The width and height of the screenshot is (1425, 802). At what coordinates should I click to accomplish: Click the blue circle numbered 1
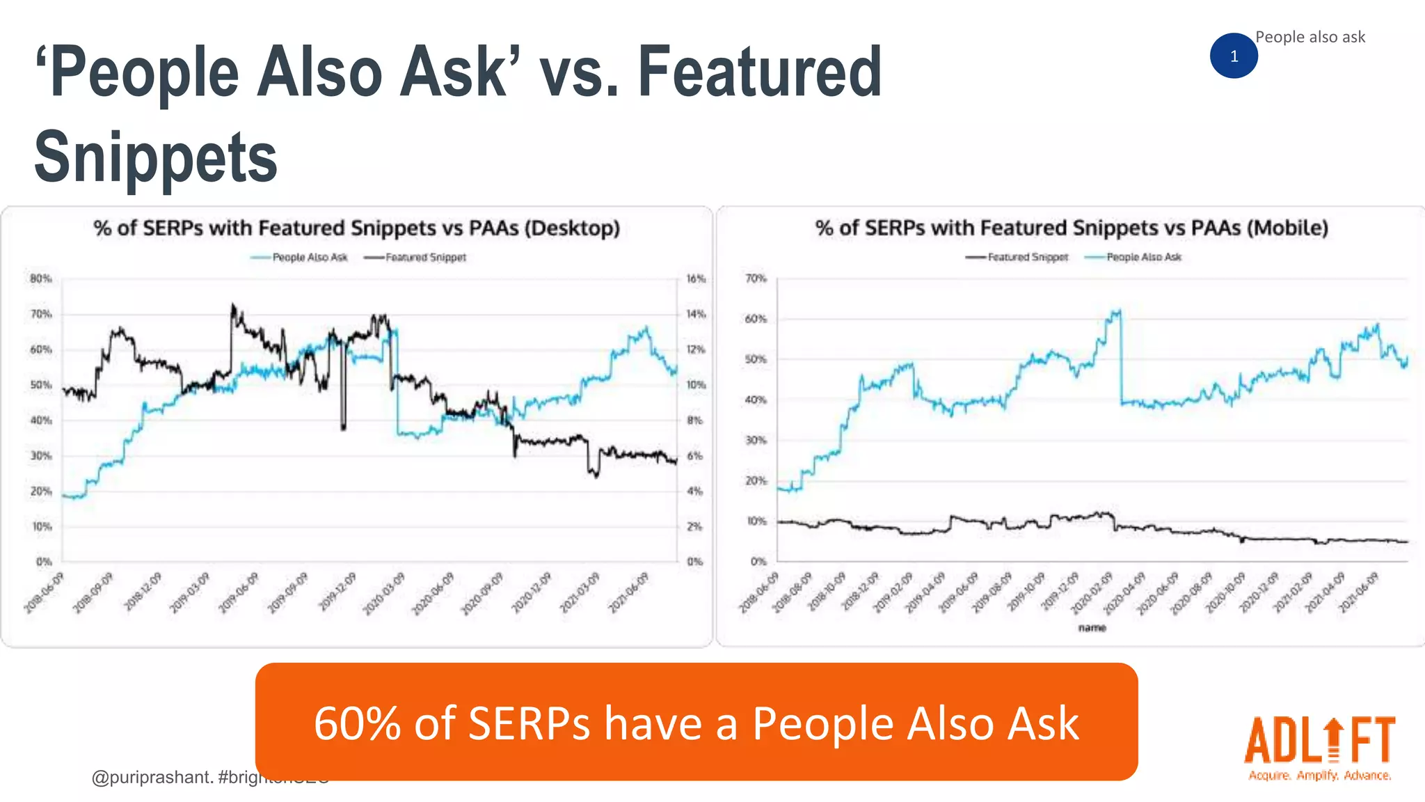1234,56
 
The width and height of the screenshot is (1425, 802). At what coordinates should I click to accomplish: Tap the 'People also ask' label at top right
1309,37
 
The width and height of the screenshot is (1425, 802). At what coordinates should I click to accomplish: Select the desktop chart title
356,228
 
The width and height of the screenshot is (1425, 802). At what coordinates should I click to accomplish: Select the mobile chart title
1072,228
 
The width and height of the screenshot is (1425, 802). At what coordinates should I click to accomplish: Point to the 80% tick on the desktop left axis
41,278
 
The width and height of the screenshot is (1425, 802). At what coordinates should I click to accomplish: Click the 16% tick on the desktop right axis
696,278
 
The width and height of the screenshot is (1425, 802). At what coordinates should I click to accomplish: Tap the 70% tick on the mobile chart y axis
756,278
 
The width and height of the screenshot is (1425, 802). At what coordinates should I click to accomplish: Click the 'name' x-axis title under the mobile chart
1092,628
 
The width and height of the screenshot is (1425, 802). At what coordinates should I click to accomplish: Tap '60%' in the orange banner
357,723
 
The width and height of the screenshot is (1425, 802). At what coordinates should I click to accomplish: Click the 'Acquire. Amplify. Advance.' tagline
1319,776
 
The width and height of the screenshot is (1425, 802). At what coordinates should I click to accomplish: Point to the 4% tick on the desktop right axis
694,491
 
